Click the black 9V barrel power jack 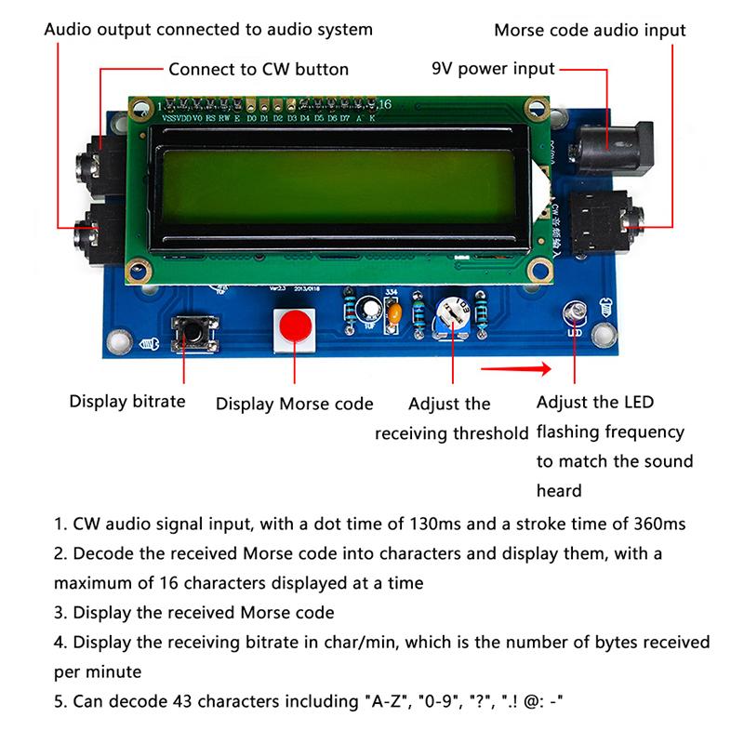pyautogui.click(x=608, y=147)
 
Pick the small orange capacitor pyautogui.click(x=395, y=315)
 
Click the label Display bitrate pyautogui.click(x=127, y=403)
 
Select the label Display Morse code pyautogui.click(x=294, y=405)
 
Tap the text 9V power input pyautogui.click(x=493, y=69)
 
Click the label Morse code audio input pyautogui.click(x=590, y=31)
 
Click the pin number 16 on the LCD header pyautogui.click(x=385, y=103)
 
